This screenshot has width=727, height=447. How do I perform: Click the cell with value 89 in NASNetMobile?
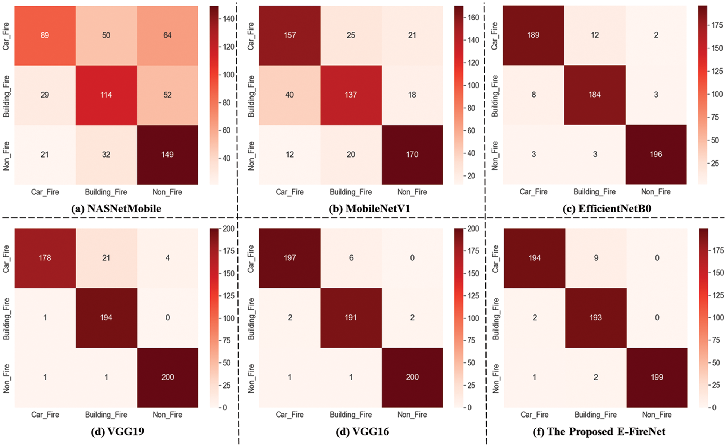point(45,35)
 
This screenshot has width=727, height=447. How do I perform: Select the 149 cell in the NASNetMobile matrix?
point(167,155)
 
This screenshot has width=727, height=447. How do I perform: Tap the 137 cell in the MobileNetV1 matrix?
point(351,95)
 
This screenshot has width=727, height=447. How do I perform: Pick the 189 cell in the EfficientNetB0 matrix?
point(533,35)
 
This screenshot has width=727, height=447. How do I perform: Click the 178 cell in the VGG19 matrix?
point(45,258)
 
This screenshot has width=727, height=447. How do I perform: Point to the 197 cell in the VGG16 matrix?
point(290,258)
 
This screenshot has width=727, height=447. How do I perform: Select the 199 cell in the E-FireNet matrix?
point(657,377)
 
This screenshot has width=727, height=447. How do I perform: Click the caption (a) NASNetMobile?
point(116,209)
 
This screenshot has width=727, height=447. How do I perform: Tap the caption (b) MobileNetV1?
point(369,209)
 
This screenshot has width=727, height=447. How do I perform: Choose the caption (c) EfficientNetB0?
point(607,209)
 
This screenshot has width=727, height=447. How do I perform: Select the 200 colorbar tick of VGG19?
point(229,229)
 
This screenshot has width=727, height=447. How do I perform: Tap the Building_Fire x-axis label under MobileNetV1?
point(351,192)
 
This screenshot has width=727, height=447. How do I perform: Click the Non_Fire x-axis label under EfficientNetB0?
point(656,192)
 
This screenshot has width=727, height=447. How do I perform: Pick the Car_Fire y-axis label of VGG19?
point(6,259)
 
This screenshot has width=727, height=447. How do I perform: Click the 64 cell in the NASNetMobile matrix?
point(167,35)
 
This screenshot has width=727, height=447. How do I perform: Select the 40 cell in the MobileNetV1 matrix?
point(290,95)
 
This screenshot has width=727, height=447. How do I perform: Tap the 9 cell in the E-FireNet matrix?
point(596,258)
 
